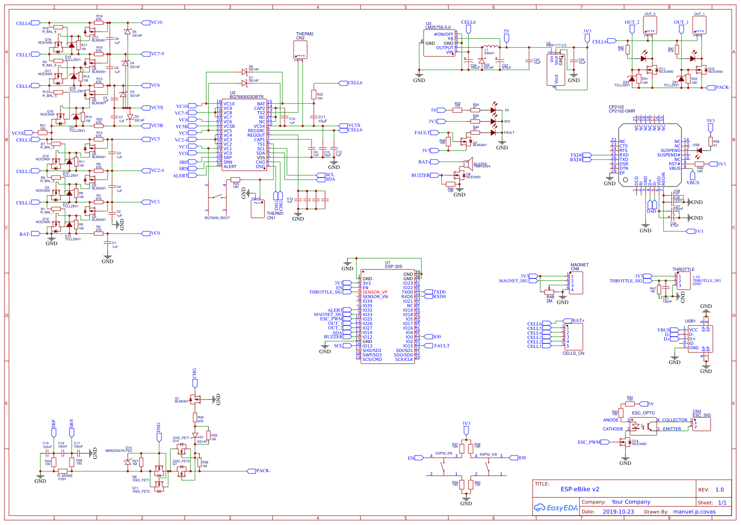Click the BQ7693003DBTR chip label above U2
pos(247,97)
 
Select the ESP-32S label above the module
pos(394,266)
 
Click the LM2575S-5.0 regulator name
pos(438,27)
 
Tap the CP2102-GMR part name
pos(622,111)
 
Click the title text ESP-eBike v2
pos(580,489)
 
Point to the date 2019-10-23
pos(618,512)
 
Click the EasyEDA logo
pos(556,508)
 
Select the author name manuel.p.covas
pos(694,512)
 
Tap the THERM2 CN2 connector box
pos(300,50)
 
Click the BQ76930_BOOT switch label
pos(217,218)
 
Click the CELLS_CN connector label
pos(573,353)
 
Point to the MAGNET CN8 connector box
pos(576,283)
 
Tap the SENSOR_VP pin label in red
pos(375,292)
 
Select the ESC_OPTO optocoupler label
pos(643,413)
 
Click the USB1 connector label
pos(690,321)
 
